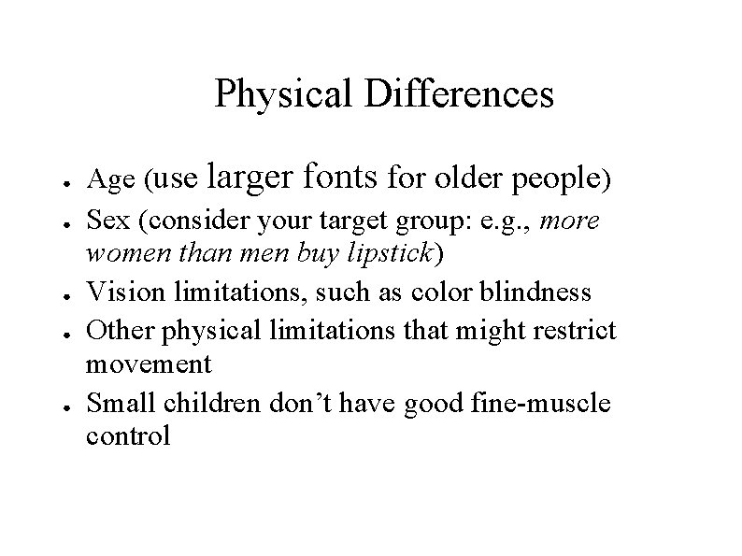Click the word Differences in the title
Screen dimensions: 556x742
click(x=461, y=94)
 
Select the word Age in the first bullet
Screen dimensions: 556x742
click(x=105, y=177)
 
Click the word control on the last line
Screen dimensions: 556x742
click(x=128, y=435)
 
